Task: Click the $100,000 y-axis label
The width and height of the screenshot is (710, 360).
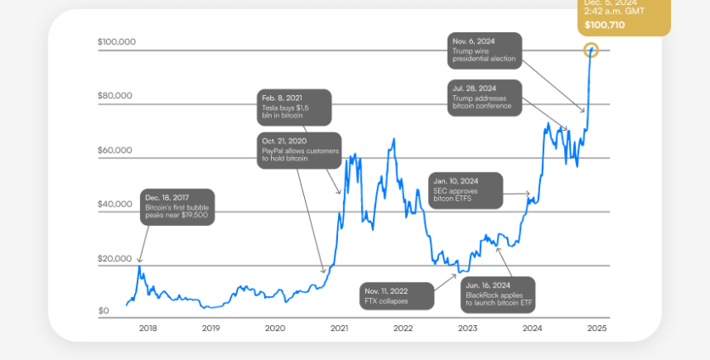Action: [x=116, y=42]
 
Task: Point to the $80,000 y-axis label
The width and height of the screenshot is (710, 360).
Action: [x=115, y=96]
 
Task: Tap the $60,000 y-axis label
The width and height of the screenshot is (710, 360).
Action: [x=115, y=150]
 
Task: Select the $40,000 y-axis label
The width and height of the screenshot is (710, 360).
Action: [x=115, y=205]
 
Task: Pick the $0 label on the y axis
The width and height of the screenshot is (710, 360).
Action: [x=104, y=312]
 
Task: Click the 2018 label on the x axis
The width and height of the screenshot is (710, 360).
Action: [x=148, y=328]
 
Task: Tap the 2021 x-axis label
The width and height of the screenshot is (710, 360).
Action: [x=339, y=328]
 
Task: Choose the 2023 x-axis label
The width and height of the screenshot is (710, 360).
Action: [x=467, y=328]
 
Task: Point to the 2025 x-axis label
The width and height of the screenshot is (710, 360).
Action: [x=596, y=328]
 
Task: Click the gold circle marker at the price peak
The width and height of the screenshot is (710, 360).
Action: [x=592, y=50]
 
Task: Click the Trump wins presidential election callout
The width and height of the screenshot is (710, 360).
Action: [x=483, y=51]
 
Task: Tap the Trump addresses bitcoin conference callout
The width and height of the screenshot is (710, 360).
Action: [x=485, y=98]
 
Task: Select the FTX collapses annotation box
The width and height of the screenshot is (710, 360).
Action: [x=396, y=295]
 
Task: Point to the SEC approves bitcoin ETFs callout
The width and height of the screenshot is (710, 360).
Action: [x=465, y=191]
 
